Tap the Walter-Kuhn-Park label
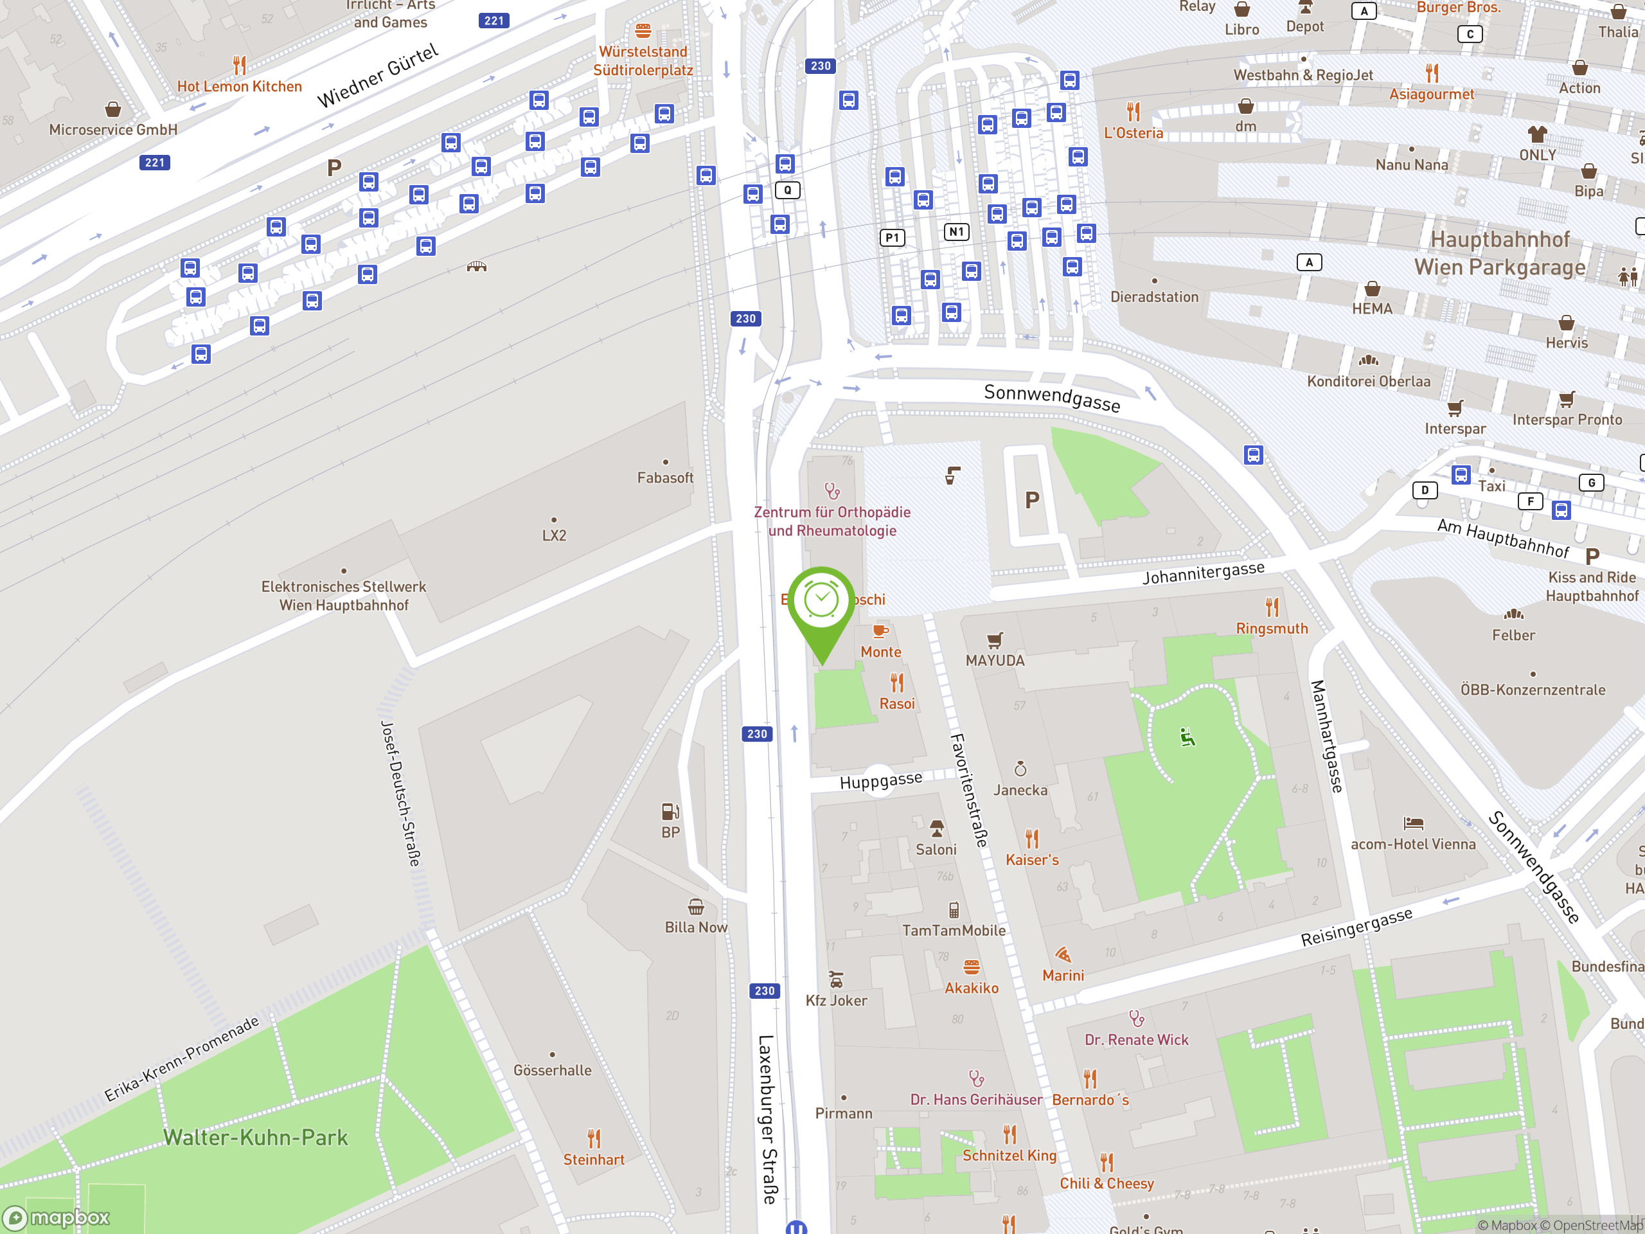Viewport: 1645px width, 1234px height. pyautogui.click(x=255, y=1138)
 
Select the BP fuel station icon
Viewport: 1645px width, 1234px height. pyautogui.click(x=670, y=810)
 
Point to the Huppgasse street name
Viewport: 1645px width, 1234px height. pyautogui.click(x=880, y=780)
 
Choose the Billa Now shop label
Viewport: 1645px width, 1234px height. pyautogui.click(x=695, y=927)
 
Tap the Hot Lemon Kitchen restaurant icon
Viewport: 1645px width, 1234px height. pyautogui.click(x=240, y=66)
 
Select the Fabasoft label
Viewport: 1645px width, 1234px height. pyautogui.click(x=665, y=478)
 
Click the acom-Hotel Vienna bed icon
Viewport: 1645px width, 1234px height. pyautogui.click(x=1413, y=823)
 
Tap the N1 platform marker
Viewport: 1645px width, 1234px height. pyautogui.click(x=956, y=232)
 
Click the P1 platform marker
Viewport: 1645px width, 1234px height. pyautogui.click(x=893, y=238)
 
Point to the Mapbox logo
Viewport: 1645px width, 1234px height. pyautogui.click(x=57, y=1218)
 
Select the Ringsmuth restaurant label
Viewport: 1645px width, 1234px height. pyautogui.click(x=1272, y=629)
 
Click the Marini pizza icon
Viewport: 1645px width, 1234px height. pyautogui.click(x=1063, y=954)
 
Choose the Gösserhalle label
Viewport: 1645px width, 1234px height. pyautogui.click(x=552, y=1070)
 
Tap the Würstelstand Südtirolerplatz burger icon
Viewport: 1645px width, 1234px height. pyautogui.click(x=643, y=30)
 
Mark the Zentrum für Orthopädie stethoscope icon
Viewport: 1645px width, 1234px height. pyautogui.click(x=831, y=491)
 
